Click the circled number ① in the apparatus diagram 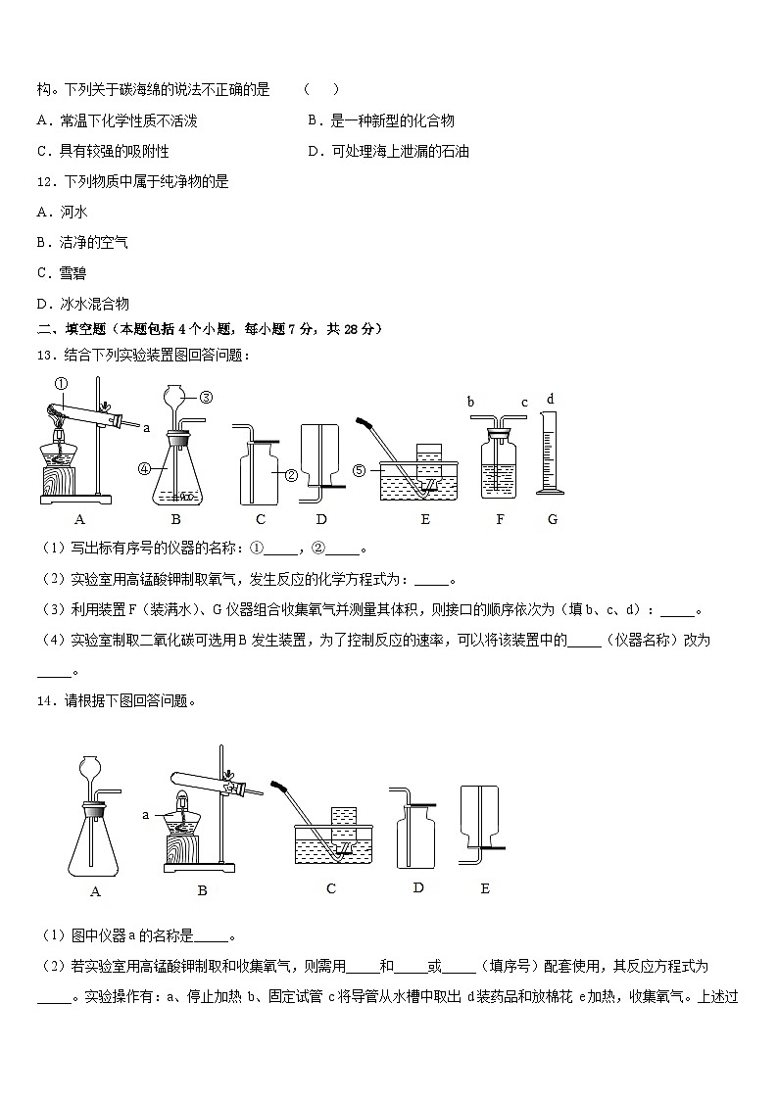pos(60,384)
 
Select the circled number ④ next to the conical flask pos(144,468)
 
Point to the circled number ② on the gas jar pos(291,475)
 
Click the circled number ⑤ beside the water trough pos(360,470)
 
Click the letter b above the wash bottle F pos(471,403)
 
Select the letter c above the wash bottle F pos(524,403)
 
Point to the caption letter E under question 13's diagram pos(424,519)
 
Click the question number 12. pos(44,181)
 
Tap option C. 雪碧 pos(61,273)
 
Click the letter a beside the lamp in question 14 pos(145,814)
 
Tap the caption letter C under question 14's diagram pos(331,888)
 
